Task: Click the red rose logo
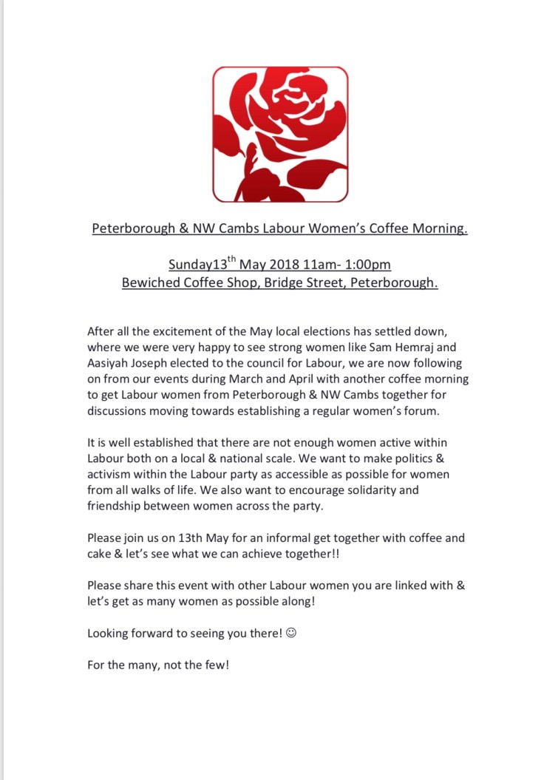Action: (280, 134)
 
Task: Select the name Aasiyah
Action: (111, 364)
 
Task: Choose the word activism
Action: (111, 474)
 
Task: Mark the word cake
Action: (101, 555)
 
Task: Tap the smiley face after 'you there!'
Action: (290, 633)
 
